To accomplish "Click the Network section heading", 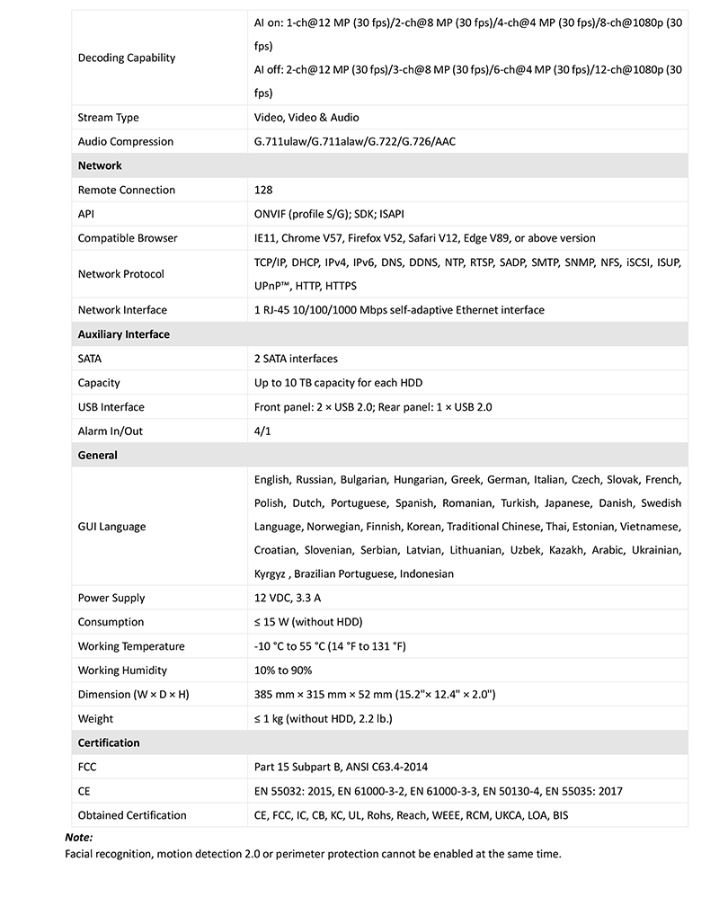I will (100, 165).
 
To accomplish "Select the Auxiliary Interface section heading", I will (123, 334).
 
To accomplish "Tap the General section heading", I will (98, 456).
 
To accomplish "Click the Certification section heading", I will (109, 743).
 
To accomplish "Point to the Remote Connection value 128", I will (263, 190).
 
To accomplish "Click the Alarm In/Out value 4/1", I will (262, 431).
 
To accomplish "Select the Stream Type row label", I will (108, 118).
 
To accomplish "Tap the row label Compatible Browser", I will (127, 238).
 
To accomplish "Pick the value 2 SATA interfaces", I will (296, 359).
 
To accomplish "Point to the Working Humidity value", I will (283, 671).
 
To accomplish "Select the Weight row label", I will (95, 719).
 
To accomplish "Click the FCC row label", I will (88, 767).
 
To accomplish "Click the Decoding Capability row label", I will (127, 58).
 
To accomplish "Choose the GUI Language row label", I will (111, 526).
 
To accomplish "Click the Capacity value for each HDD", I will (334, 383).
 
